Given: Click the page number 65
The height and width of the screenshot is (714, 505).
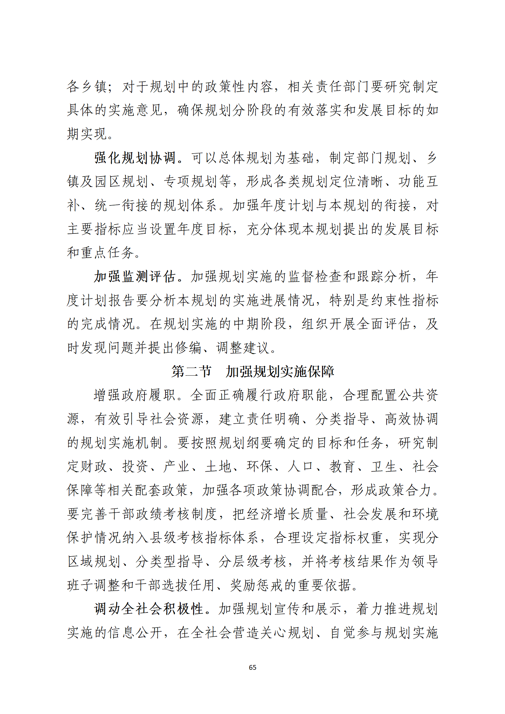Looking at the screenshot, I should point(252,667).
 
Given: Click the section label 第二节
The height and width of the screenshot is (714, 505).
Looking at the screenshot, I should point(191,371).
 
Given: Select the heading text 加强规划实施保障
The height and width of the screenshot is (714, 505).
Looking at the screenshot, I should point(280,371).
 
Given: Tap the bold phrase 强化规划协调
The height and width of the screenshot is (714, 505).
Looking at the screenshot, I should point(135,158).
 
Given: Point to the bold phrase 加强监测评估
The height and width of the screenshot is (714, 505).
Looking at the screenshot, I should point(135,276).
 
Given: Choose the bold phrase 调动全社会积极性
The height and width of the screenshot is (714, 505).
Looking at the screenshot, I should point(149,609).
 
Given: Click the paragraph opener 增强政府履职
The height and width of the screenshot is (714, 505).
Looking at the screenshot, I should point(135,395).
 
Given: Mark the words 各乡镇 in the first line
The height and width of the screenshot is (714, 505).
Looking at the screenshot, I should point(87,87).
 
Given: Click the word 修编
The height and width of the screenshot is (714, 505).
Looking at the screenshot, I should point(190,348).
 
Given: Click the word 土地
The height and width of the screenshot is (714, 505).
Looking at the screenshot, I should point(218,467).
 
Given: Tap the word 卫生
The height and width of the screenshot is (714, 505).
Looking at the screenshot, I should point(384,467).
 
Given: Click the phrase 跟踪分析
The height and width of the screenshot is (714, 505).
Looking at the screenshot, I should point(384,276).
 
